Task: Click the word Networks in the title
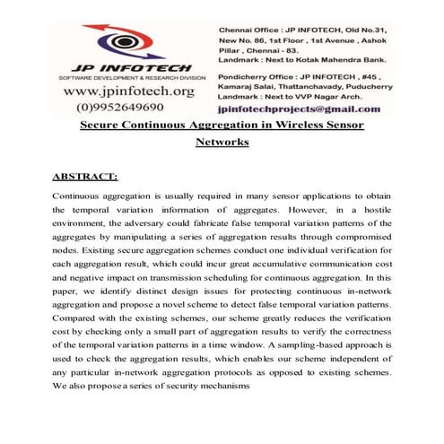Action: coord(222,142)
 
